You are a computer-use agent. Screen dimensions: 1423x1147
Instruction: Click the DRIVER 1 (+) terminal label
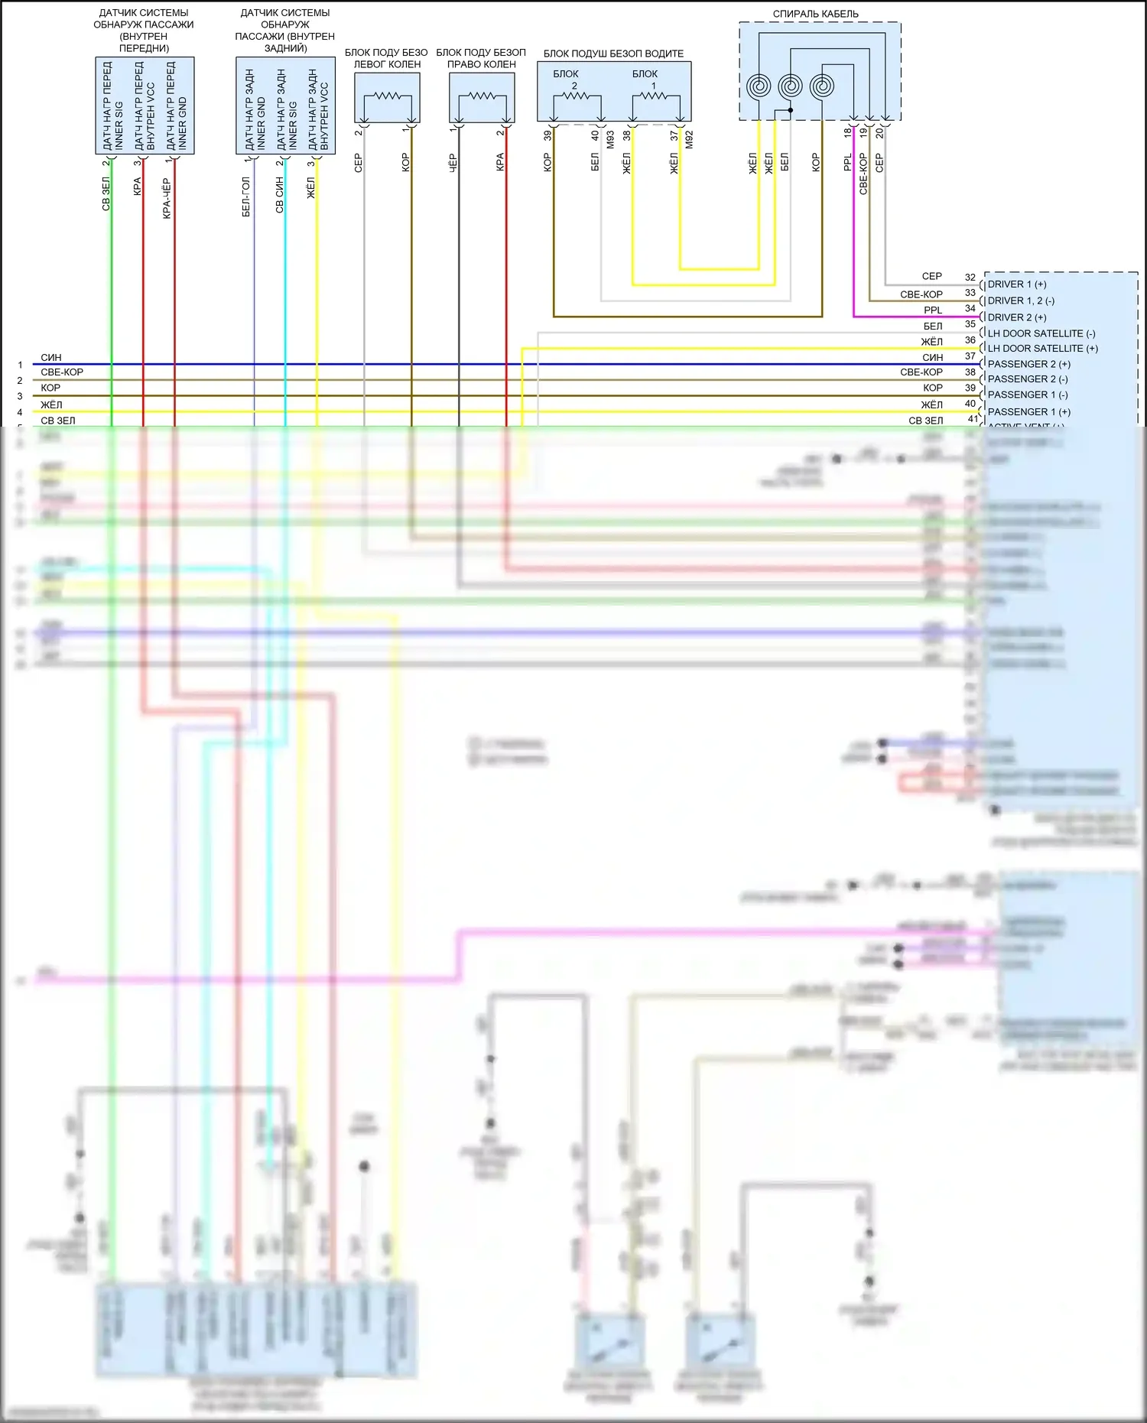pyautogui.click(x=1017, y=284)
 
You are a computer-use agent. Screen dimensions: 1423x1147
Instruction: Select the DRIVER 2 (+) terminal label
pyautogui.click(x=1017, y=317)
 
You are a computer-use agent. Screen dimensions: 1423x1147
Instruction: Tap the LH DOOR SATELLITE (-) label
pyautogui.click(x=1041, y=333)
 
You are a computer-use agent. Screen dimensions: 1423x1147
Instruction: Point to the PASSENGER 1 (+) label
pyautogui.click(x=1028, y=411)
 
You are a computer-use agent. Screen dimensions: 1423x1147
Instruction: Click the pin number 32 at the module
pyautogui.click(x=970, y=278)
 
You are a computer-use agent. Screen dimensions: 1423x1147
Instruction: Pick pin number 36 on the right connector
pyautogui.click(x=970, y=340)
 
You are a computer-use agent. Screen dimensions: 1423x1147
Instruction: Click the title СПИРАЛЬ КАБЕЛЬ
pyautogui.click(x=815, y=14)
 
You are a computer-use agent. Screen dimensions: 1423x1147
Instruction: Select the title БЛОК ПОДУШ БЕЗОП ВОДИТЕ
pyautogui.click(x=613, y=54)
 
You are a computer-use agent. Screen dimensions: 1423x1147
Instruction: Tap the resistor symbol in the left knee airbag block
pyautogui.click(x=387, y=96)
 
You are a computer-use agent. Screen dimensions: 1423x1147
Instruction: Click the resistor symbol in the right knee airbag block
pyautogui.click(x=482, y=96)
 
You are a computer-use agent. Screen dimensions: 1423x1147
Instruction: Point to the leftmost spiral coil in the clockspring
pyautogui.click(x=759, y=86)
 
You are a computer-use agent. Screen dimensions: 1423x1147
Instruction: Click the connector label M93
pyautogui.click(x=610, y=139)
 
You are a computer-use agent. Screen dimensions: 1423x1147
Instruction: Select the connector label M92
pyautogui.click(x=689, y=139)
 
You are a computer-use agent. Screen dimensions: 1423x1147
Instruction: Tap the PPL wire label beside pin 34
pyautogui.click(x=933, y=310)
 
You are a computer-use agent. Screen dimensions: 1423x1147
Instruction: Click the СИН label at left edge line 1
pyautogui.click(x=51, y=357)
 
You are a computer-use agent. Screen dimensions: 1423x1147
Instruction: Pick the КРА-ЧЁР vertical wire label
pyautogui.click(x=167, y=199)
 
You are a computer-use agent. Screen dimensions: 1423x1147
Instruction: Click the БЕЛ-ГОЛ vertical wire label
pyautogui.click(x=246, y=197)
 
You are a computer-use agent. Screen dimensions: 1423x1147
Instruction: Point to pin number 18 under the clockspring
pyautogui.click(x=847, y=132)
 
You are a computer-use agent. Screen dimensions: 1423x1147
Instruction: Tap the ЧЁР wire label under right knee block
pyautogui.click(x=452, y=162)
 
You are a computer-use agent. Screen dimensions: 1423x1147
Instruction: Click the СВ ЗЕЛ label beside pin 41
pyautogui.click(x=925, y=421)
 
